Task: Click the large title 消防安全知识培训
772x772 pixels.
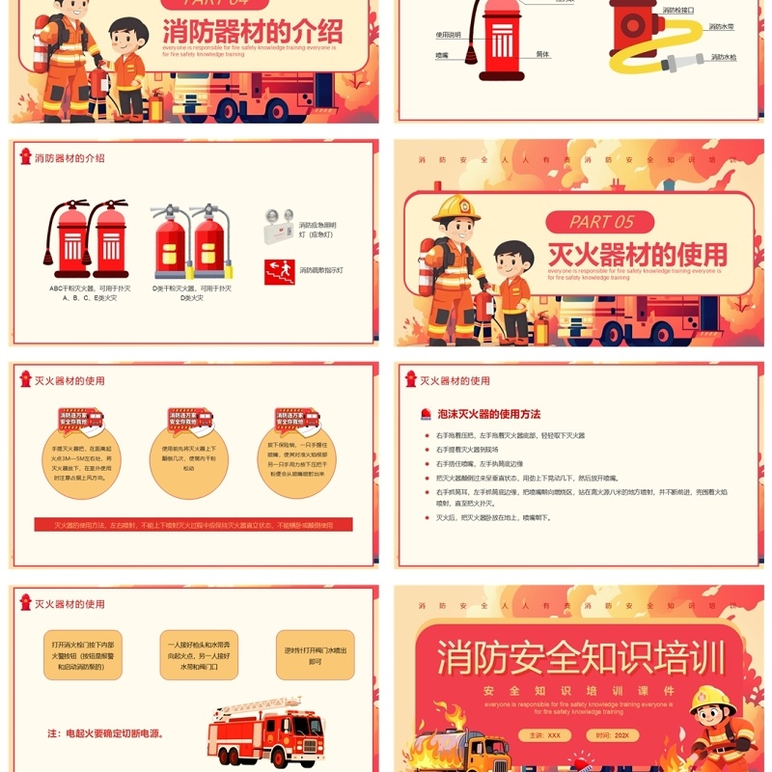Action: (x=581, y=658)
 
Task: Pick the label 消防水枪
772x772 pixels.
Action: (x=723, y=57)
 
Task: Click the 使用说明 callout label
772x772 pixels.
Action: (x=448, y=34)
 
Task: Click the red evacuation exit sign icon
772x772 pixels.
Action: (x=277, y=270)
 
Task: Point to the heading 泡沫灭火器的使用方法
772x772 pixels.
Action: (x=488, y=414)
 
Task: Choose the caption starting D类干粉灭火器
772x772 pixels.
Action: (x=193, y=292)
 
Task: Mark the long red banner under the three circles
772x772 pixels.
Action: (x=193, y=525)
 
